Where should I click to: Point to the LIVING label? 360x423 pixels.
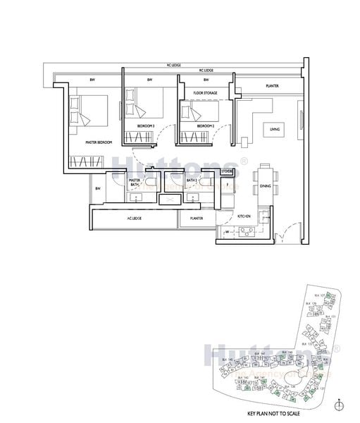tap(275, 129)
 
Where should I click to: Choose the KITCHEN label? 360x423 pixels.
tap(244, 216)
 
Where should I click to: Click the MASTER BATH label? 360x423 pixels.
tap(135, 183)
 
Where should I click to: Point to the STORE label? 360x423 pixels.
tap(226, 171)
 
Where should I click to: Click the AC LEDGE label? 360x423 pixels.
tap(135, 219)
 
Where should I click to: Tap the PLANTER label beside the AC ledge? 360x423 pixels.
tap(197, 219)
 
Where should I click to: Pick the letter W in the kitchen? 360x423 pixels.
tap(227, 232)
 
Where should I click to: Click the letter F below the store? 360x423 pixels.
tap(228, 183)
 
